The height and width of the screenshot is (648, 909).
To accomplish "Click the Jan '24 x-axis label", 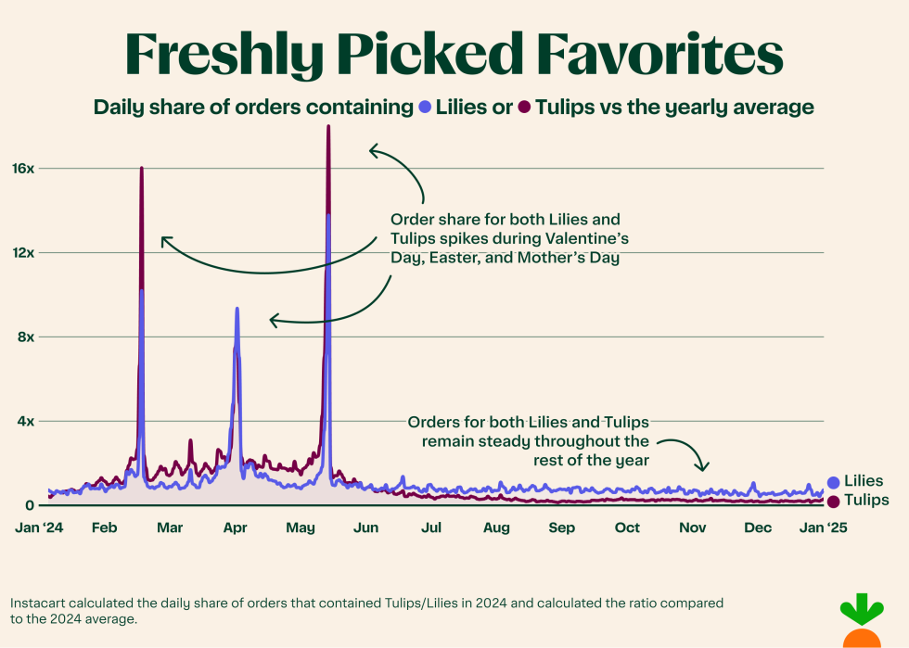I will click(38, 528).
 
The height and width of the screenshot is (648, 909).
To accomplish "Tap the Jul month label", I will click(430, 528).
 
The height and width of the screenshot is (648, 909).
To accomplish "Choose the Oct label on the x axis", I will click(627, 528).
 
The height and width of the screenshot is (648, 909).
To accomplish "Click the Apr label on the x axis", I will click(235, 528).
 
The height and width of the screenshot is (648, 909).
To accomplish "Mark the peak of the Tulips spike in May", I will click(328, 126).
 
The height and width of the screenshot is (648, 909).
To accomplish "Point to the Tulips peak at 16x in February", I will click(141, 168).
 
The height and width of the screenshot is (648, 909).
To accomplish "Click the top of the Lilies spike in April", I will click(237, 309).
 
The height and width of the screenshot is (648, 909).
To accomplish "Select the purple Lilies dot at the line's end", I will click(833, 482).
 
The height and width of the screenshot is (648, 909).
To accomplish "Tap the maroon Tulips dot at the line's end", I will click(833, 502).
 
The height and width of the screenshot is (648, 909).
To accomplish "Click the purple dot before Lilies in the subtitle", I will click(426, 108).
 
